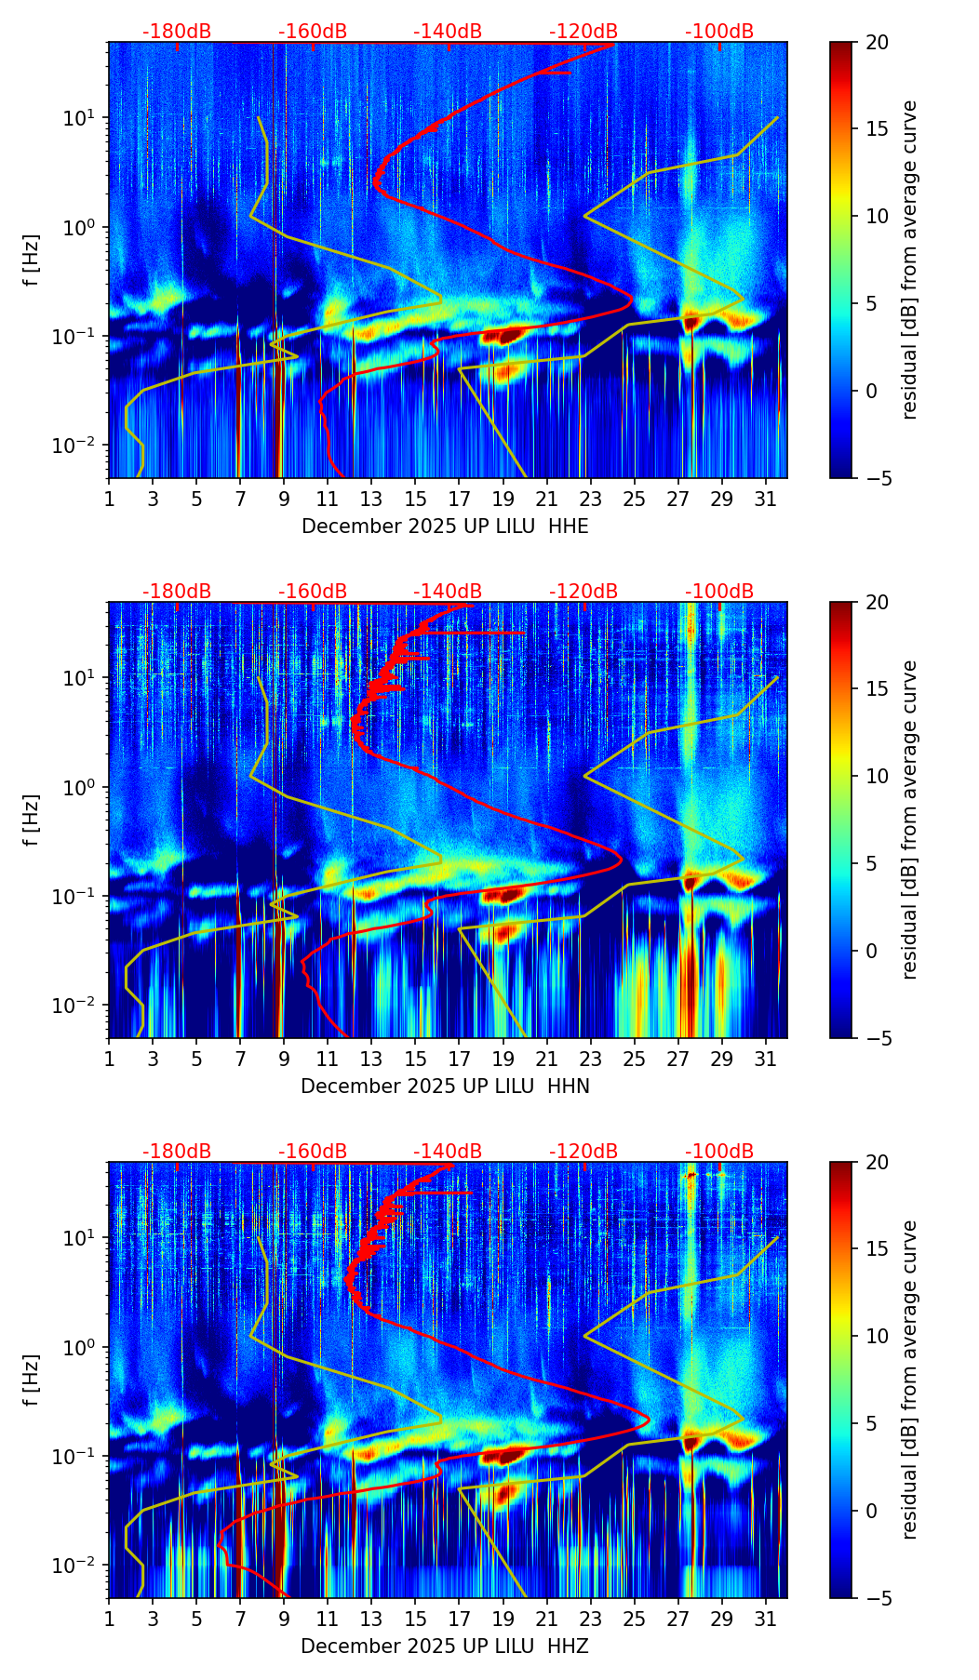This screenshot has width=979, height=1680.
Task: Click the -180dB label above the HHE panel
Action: click(177, 32)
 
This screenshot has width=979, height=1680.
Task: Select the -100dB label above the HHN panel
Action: click(719, 592)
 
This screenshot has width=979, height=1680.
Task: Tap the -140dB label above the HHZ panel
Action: click(448, 1152)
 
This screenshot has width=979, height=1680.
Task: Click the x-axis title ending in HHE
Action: click(445, 527)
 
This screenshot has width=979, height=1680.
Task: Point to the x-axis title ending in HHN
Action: click(445, 1087)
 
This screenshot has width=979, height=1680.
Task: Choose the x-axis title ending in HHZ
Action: click(445, 1647)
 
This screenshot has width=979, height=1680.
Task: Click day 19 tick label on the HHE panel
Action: click(503, 499)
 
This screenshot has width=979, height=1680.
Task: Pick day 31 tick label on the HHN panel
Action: click(766, 1059)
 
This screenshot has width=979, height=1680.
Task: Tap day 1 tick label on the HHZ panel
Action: click(109, 1619)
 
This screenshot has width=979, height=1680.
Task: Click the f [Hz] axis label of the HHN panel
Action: click(32, 820)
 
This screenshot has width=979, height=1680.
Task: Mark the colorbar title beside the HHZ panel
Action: click(910, 1380)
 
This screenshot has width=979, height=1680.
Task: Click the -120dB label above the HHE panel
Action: click(583, 32)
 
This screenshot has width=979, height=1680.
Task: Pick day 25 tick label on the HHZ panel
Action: click(635, 1619)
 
